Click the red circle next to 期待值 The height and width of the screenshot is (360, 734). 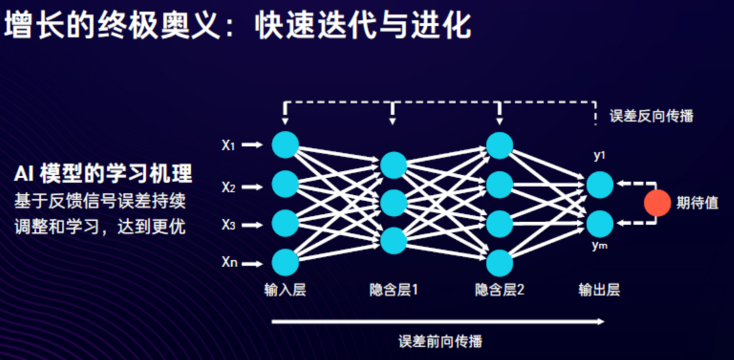(657, 203)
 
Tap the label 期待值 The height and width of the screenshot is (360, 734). (697, 203)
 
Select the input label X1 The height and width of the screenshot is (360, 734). (228, 145)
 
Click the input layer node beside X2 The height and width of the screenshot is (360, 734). (285, 183)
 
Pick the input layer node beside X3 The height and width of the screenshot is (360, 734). (285, 223)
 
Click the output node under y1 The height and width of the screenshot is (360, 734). (599, 184)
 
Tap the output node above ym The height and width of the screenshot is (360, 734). (599, 223)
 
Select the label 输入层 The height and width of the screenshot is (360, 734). (285, 290)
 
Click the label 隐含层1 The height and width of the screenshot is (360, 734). (394, 290)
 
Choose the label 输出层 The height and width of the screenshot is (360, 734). (599, 290)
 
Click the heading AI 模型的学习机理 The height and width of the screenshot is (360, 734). (103, 174)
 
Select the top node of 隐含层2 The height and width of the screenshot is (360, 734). (500, 145)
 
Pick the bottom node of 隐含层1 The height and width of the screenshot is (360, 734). (394, 241)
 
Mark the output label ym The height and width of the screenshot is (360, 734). (599, 245)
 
